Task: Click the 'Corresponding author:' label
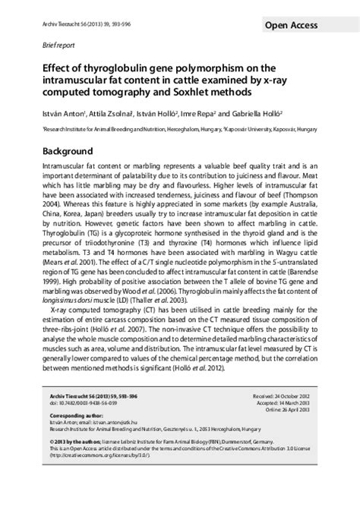pyautogui.click(x=63, y=441)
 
